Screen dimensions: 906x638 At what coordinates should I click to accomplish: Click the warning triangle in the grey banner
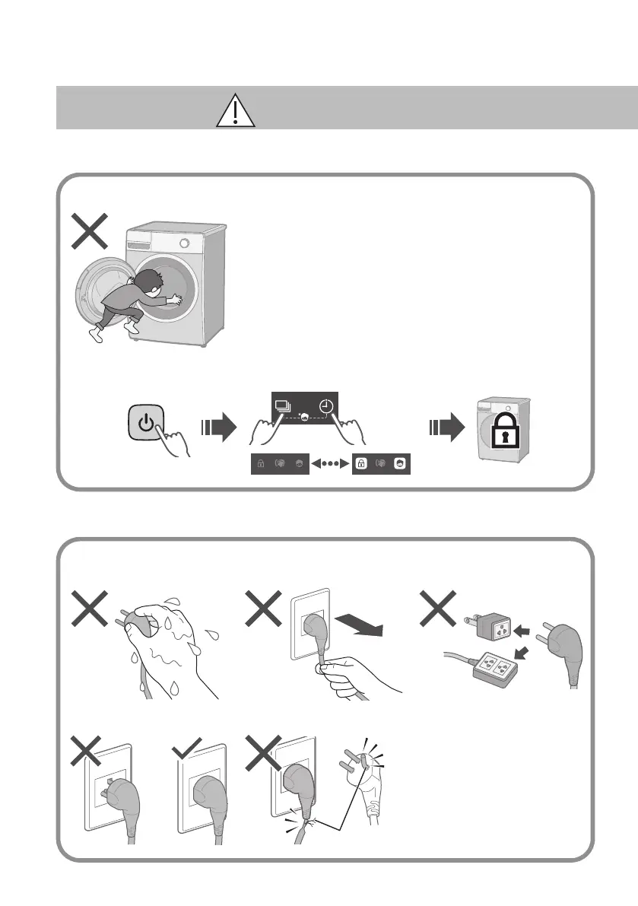pos(236,110)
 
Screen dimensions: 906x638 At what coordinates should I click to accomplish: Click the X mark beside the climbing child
pos(89,230)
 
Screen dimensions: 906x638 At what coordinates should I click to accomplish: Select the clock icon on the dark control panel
pos(325,407)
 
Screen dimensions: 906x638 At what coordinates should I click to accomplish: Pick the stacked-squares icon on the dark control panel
pos(283,407)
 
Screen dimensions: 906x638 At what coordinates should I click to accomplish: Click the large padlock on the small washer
pos(503,440)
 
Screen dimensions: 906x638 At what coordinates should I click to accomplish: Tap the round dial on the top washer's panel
pos(183,242)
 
